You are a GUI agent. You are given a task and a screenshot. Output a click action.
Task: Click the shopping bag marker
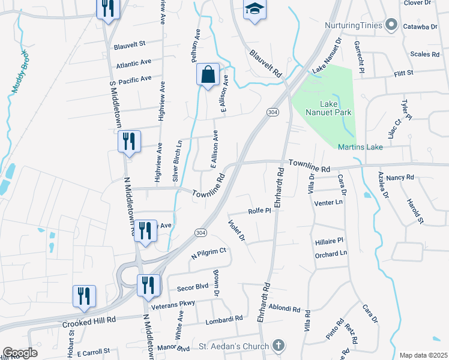(208, 76)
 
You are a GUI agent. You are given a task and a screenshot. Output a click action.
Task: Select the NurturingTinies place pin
(391, 25)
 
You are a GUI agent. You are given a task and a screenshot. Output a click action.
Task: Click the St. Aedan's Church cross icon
(277, 346)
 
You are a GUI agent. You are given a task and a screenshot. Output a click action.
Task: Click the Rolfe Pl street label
(260, 211)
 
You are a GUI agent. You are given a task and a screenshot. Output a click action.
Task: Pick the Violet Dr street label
(237, 230)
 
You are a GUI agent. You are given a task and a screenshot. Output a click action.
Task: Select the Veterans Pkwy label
(174, 304)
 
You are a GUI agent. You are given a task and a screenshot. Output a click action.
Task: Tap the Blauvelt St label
(130, 44)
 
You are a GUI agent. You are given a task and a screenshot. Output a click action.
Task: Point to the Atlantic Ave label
(134, 63)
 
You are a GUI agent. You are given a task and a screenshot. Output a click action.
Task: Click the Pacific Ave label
(135, 80)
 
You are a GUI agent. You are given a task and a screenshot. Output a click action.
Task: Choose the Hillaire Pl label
(328, 240)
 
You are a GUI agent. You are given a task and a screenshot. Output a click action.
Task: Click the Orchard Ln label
(331, 254)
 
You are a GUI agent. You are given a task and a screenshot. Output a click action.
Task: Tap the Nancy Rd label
(400, 178)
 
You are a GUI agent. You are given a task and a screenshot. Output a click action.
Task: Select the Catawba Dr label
(420, 26)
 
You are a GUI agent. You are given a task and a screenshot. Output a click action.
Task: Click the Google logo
(20, 353)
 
